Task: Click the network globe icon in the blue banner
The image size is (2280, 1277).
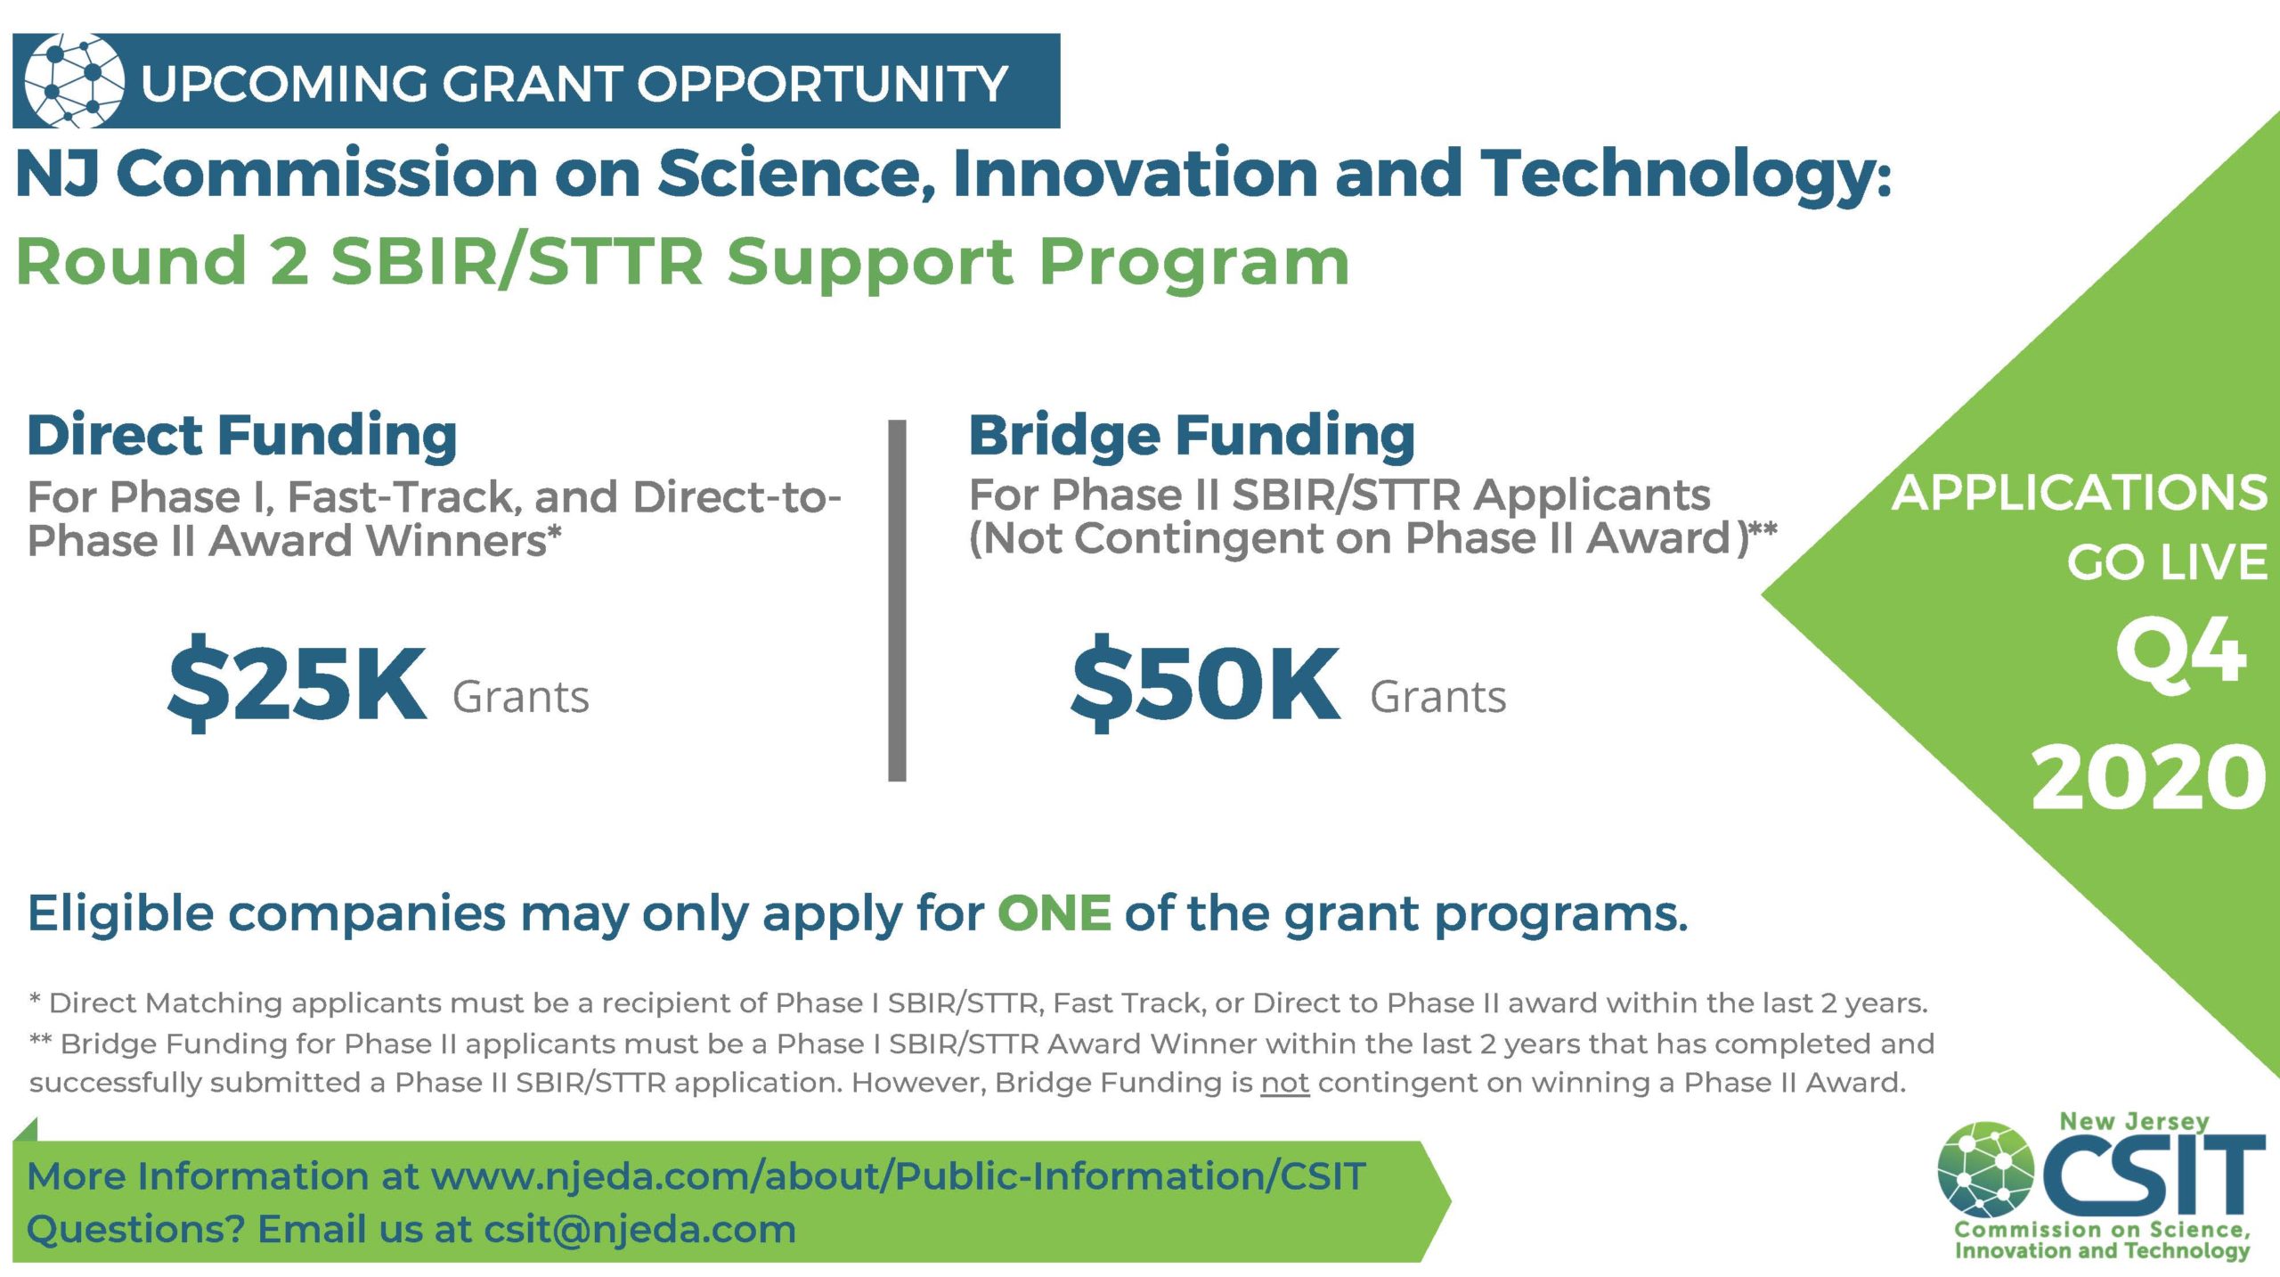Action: (x=75, y=81)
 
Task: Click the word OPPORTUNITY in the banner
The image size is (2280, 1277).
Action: (x=822, y=84)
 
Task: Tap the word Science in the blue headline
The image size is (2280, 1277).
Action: (x=798, y=173)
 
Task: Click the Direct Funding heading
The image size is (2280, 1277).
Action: (x=242, y=436)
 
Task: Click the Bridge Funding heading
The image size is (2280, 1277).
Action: (x=1192, y=436)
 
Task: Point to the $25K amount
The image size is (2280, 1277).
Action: (x=297, y=682)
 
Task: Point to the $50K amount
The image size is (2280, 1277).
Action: (x=1205, y=682)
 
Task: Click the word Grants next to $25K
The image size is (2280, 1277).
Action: (x=521, y=697)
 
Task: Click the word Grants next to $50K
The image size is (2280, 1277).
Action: (x=1438, y=697)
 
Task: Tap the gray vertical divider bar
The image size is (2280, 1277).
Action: (x=897, y=601)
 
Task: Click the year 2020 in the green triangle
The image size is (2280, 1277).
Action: (x=2148, y=777)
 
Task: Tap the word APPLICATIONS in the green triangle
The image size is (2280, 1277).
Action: (x=2080, y=493)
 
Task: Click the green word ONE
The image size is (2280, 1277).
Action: (x=1054, y=913)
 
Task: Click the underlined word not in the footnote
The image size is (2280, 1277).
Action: (x=1285, y=1083)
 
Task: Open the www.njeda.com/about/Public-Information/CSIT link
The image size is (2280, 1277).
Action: (x=898, y=1176)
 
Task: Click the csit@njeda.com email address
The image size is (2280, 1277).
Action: (x=639, y=1230)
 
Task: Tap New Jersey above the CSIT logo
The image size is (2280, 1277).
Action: (x=2135, y=1121)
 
